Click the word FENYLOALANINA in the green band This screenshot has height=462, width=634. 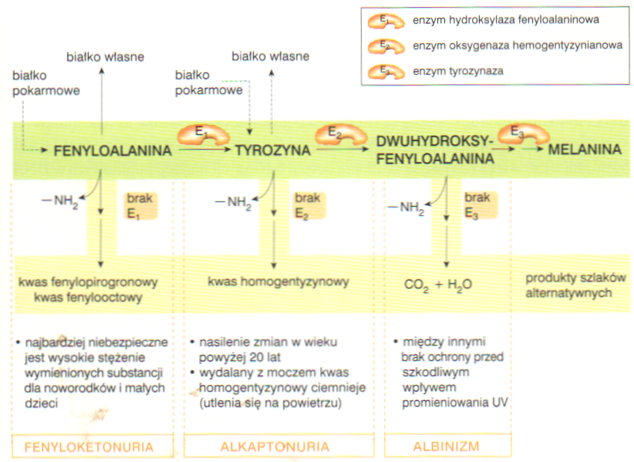(113, 150)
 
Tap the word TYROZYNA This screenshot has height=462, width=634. (273, 150)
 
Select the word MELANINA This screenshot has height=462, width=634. (585, 150)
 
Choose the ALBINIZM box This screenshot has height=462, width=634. (447, 446)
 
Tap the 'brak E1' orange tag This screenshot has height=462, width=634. (140, 206)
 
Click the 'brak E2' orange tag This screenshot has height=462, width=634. (308, 205)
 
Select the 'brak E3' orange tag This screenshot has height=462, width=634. (479, 205)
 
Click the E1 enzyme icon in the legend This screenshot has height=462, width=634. (386, 21)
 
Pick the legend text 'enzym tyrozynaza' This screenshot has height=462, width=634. (457, 71)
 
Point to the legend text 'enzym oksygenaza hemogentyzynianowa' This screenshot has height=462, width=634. (517, 46)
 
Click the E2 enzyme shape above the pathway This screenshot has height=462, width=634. (340, 135)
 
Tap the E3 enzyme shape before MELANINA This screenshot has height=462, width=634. (523, 133)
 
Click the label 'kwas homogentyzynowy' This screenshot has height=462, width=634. (278, 282)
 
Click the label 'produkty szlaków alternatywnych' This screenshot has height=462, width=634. (575, 285)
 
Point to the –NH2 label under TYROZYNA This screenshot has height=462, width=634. (233, 202)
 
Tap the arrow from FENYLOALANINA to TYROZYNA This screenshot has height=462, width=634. (204, 149)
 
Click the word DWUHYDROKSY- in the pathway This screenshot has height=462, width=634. (435, 141)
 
